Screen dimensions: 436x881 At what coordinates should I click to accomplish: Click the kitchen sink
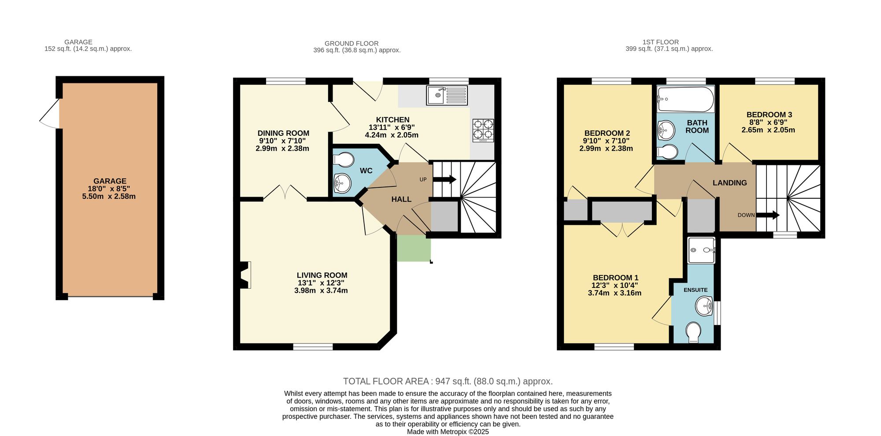[447, 95]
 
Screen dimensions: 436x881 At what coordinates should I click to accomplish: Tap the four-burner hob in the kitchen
[483, 130]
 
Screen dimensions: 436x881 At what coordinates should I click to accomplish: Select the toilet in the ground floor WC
[343, 159]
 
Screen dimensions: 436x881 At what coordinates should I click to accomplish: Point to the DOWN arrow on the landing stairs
[768, 215]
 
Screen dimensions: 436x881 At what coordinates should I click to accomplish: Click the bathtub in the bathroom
[685, 100]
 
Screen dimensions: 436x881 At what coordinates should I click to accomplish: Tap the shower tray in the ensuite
[701, 250]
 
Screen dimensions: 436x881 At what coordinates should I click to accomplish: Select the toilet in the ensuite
[693, 332]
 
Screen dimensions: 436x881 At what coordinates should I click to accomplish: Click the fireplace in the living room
[245, 275]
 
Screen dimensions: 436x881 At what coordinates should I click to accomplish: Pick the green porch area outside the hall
[413, 248]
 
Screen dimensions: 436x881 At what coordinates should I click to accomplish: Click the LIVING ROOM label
[322, 275]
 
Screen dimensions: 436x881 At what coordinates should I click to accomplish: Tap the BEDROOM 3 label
[769, 115]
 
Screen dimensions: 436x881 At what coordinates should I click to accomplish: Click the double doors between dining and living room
[285, 193]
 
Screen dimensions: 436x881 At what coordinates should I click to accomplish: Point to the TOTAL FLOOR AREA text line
[448, 381]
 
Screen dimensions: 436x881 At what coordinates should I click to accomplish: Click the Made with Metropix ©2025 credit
[448, 432]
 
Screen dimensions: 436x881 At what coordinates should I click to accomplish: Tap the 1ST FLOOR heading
[660, 42]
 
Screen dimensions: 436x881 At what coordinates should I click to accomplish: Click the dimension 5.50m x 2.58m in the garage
[109, 196]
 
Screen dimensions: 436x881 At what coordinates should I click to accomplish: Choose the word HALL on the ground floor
[401, 199]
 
